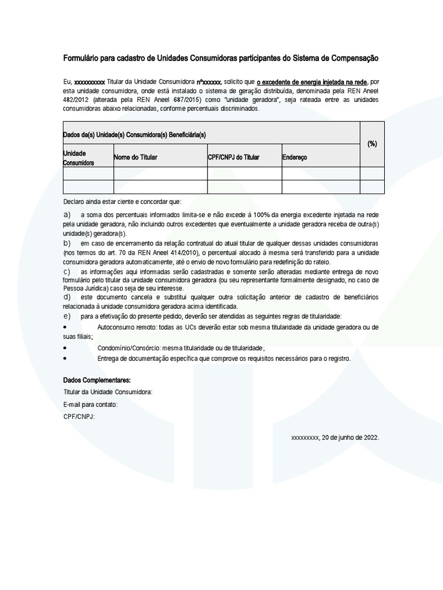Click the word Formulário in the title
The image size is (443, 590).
pyautogui.click(x=80, y=59)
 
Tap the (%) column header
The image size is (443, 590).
pyautogui.click(x=372, y=144)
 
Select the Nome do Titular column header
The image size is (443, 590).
pyautogui.click(x=136, y=157)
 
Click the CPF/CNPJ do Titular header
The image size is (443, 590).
pyautogui.click(x=234, y=157)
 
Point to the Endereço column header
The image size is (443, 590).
pyautogui.click(x=295, y=157)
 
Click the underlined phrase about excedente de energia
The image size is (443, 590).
pyautogui.click(x=311, y=82)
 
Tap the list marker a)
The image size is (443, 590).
pyautogui.click(x=67, y=215)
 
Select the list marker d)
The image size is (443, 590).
pyautogui.click(x=67, y=297)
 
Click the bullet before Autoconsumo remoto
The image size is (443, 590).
pyautogui.click(x=65, y=327)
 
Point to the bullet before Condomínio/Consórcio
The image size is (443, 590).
pyautogui.click(x=65, y=348)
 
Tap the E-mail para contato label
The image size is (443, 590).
pyautogui.click(x=91, y=404)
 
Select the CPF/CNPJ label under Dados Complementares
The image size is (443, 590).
pyautogui.click(x=79, y=417)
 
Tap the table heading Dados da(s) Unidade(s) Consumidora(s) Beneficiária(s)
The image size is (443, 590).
pyautogui.click(x=134, y=135)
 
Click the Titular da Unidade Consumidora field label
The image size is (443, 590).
pyautogui.click(x=108, y=392)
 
